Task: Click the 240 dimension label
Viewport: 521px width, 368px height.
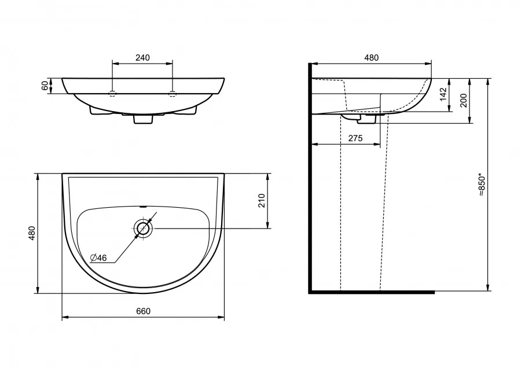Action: (142, 57)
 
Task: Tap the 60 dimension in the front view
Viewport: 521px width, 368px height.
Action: (45, 86)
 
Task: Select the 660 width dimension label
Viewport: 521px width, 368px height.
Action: (143, 311)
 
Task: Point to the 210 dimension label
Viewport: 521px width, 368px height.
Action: (262, 201)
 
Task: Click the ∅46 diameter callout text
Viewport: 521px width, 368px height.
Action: (98, 257)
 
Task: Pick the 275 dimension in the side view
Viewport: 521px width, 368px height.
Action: (355, 138)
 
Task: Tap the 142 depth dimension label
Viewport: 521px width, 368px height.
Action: (442, 95)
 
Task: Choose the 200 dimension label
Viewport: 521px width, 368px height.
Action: (463, 100)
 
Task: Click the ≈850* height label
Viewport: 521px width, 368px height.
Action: (482, 185)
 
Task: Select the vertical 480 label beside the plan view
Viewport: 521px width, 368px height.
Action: (32, 234)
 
